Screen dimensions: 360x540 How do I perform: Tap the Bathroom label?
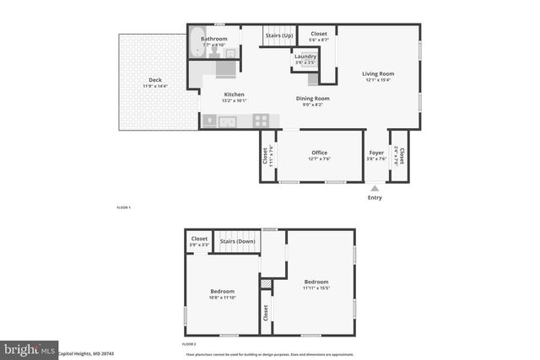click(214, 39)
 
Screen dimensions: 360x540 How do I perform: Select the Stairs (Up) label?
click(280, 36)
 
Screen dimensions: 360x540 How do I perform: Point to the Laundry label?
click(305, 56)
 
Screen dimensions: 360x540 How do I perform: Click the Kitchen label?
click(234, 94)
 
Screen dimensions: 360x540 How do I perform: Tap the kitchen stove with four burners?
click(262, 121)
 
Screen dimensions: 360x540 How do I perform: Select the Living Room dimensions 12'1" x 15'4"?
click(378, 80)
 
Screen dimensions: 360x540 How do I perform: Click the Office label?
click(319, 153)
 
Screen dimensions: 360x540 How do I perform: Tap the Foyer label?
click(376, 153)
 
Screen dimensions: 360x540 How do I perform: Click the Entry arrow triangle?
click(375, 188)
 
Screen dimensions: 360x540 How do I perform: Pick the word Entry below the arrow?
click(375, 197)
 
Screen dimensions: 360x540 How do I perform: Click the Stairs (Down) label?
click(237, 241)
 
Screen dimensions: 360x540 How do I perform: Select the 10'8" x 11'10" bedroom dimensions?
click(222, 297)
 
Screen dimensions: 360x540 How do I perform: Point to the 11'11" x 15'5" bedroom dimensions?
click(316, 287)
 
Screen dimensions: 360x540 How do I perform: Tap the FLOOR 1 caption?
click(123, 207)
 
